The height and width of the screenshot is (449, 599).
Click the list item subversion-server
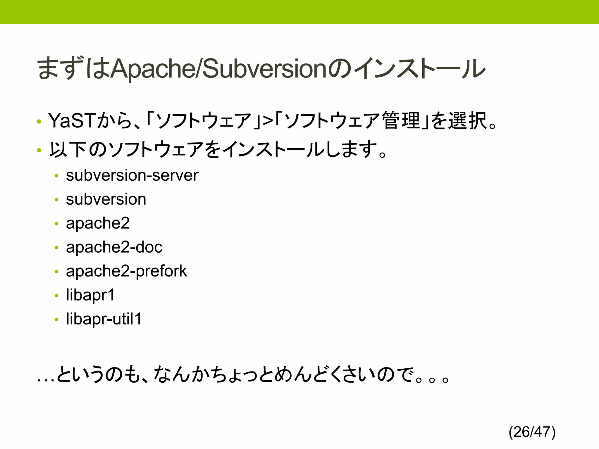(132, 175)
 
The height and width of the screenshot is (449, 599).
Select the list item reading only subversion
(106, 199)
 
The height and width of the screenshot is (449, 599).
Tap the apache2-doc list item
(114, 247)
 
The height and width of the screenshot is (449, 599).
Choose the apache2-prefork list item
(126, 271)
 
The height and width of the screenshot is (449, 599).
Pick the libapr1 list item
(90, 295)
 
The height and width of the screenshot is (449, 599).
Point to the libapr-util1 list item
(104, 319)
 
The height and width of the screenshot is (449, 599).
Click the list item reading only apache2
(98, 223)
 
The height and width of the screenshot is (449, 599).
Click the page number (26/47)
(532, 432)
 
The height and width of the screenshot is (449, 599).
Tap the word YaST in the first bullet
(72, 121)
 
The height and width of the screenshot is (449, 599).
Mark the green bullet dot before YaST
(39, 122)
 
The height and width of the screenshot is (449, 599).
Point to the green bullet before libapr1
(56, 296)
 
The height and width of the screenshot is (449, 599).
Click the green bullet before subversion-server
(56, 176)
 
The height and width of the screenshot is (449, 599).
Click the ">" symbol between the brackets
(268, 121)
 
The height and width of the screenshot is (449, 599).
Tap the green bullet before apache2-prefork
(56, 272)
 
